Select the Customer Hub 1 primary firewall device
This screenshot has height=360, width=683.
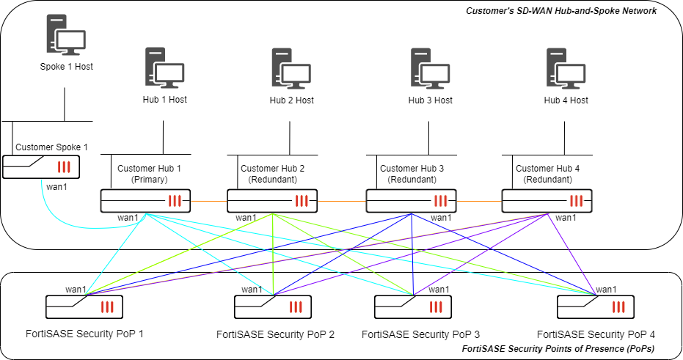pyautogui.click(x=146, y=200)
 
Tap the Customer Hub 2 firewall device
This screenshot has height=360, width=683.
pyautogui.click(x=272, y=200)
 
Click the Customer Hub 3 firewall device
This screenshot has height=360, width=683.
pyautogui.click(x=412, y=200)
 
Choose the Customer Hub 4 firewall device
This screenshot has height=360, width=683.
pyautogui.click(x=547, y=200)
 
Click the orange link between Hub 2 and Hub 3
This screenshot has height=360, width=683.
pyautogui.click(x=342, y=200)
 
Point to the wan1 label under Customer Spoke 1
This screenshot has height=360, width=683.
pyautogui.click(x=56, y=186)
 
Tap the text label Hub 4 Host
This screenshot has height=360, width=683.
pyautogui.click(x=566, y=100)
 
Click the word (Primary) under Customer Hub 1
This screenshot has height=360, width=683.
pyautogui.click(x=149, y=179)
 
